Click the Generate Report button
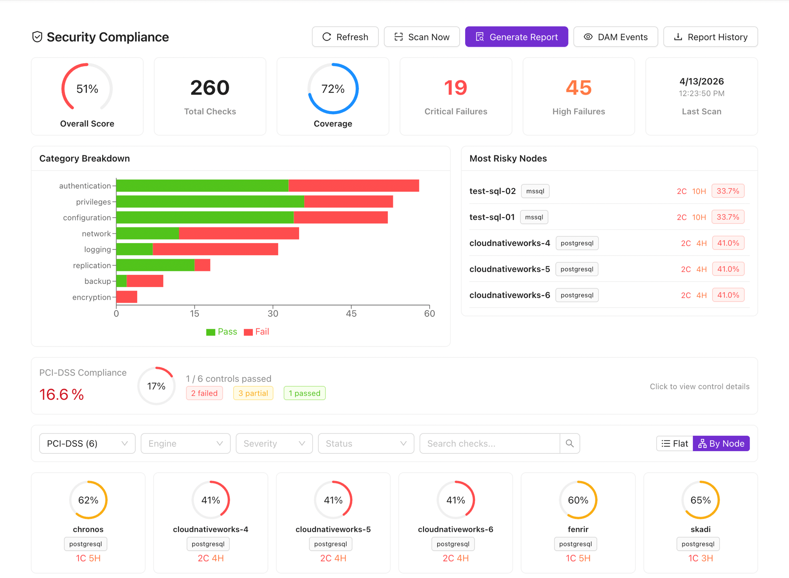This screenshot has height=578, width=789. [516, 37]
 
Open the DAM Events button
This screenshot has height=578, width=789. [615, 37]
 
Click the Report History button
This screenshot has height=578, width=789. [710, 37]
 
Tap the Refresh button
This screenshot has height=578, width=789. [345, 37]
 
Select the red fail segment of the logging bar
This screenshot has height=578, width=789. [215, 249]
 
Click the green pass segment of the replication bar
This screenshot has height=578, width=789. [155, 265]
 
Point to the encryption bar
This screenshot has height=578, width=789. [127, 297]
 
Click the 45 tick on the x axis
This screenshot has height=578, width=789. [351, 313]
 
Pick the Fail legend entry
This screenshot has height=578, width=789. [256, 332]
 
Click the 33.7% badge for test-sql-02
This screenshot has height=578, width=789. [727, 191]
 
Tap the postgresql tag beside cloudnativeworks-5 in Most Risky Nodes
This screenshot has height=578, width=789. [576, 269]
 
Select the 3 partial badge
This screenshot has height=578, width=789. [253, 393]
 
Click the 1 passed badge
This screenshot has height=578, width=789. [304, 393]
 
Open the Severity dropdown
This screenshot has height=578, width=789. [274, 444]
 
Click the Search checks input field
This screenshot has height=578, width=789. [489, 444]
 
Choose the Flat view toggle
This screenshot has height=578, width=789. [675, 444]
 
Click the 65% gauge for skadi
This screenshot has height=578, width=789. [700, 500]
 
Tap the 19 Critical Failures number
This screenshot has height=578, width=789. [455, 88]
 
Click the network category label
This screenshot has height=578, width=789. [96, 233]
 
